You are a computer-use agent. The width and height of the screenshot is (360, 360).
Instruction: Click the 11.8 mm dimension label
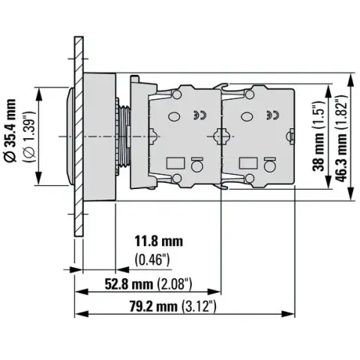[159, 241]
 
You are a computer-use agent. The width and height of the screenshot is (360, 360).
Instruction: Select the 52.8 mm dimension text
[129, 284]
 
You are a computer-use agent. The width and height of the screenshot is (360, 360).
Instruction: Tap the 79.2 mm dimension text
[154, 306]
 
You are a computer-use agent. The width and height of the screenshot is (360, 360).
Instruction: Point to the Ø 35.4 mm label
[10, 130]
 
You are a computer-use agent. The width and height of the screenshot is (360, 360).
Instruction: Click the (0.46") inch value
[152, 260]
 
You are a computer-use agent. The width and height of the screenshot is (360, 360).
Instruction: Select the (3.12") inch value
[199, 306]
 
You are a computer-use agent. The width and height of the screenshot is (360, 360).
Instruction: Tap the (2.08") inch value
[174, 284]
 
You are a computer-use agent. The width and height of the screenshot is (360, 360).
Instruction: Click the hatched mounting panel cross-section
[79, 136]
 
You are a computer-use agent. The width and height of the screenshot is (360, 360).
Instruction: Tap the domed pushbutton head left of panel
[71, 136]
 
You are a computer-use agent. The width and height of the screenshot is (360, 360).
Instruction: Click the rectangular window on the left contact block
[175, 163]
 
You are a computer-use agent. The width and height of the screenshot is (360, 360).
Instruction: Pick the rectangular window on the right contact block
[248, 163]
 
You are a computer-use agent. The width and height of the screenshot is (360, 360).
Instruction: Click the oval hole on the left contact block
[174, 116]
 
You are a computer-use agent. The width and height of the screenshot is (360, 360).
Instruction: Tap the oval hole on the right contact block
[246, 116]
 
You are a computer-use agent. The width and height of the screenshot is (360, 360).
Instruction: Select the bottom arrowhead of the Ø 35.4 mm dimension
[39, 178]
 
